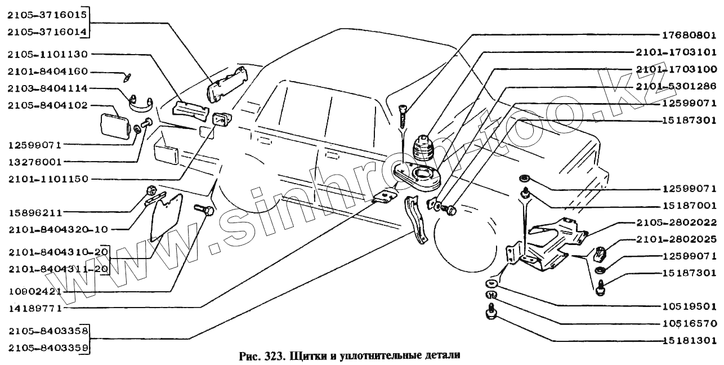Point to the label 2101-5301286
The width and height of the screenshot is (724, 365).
click(680, 87)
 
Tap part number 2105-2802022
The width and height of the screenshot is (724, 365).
click(680, 222)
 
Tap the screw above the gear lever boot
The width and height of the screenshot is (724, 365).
click(404, 116)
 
